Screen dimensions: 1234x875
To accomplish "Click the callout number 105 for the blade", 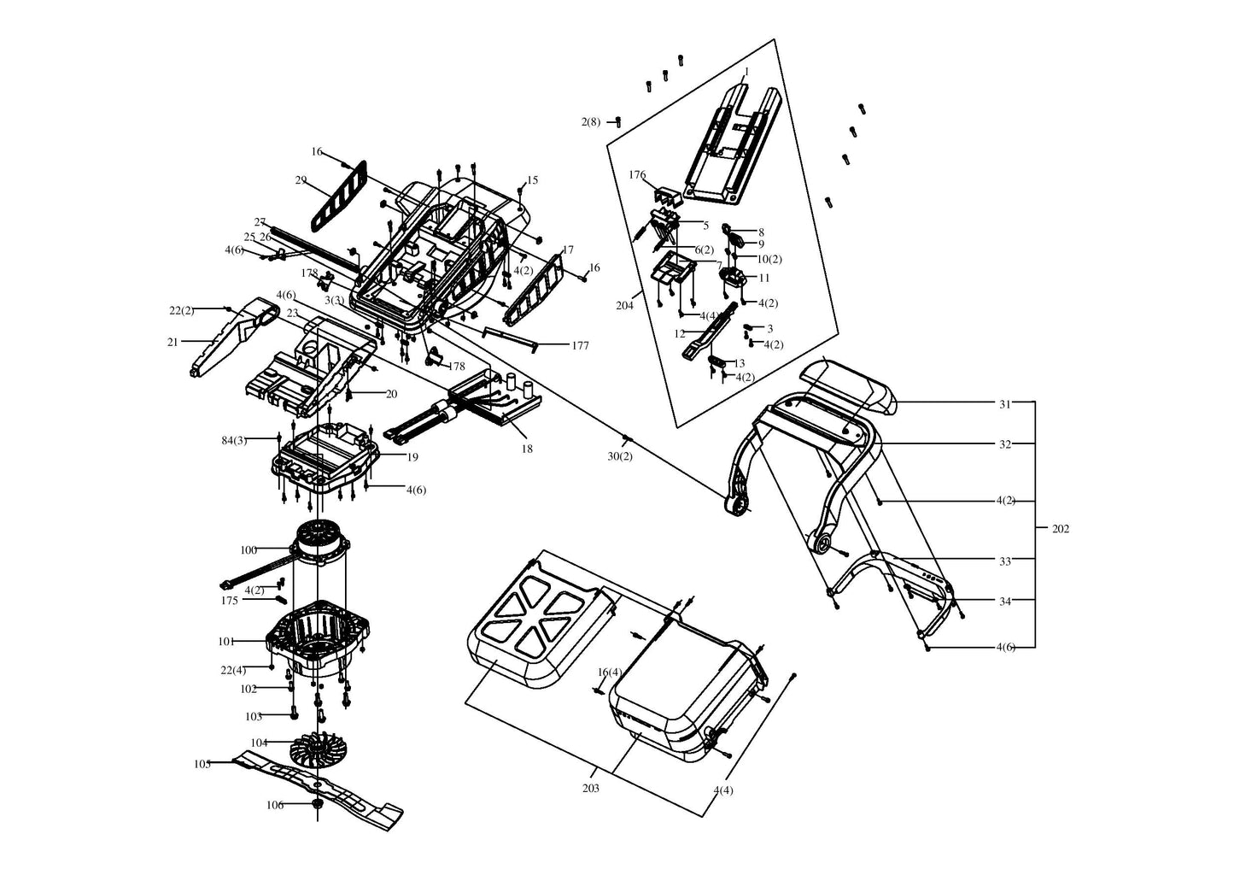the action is click(202, 765).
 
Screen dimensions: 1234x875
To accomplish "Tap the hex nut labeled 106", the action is click(317, 804).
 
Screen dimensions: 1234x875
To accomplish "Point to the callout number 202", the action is click(1061, 529).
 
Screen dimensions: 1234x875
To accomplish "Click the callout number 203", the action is click(591, 789).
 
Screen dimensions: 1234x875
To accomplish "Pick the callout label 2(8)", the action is click(591, 122).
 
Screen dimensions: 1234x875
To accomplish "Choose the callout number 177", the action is click(580, 346).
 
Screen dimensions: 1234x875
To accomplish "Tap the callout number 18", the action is click(527, 449).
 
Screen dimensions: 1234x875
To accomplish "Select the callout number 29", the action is click(301, 180).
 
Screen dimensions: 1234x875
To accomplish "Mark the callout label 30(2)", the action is click(620, 456).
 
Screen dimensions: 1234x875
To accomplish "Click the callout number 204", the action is click(625, 305).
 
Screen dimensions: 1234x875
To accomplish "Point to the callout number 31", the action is click(1005, 404).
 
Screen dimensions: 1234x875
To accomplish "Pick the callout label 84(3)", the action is click(234, 441).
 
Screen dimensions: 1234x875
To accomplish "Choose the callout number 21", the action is click(173, 343).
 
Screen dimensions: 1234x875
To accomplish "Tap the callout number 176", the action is click(637, 175).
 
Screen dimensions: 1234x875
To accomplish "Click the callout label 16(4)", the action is click(610, 672).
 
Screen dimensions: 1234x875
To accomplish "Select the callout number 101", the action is click(226, 641).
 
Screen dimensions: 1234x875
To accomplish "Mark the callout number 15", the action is click(532, 180).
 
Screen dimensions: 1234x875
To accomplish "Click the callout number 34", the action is click(1005, 602).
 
